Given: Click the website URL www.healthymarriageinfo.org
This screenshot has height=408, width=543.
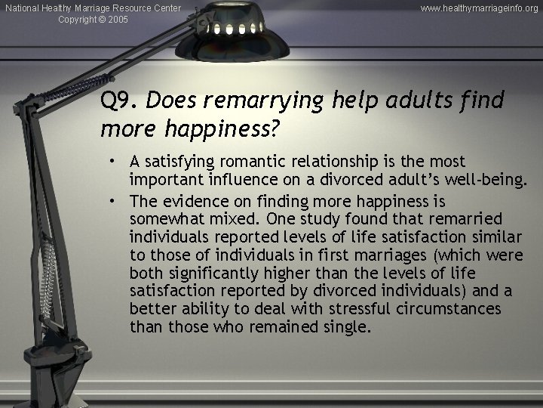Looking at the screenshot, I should coord(479,8).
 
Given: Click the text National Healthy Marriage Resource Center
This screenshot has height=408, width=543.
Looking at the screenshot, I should coord(93,8).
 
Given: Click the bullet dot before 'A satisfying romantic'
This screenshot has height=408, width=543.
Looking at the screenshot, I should coord(111,162).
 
